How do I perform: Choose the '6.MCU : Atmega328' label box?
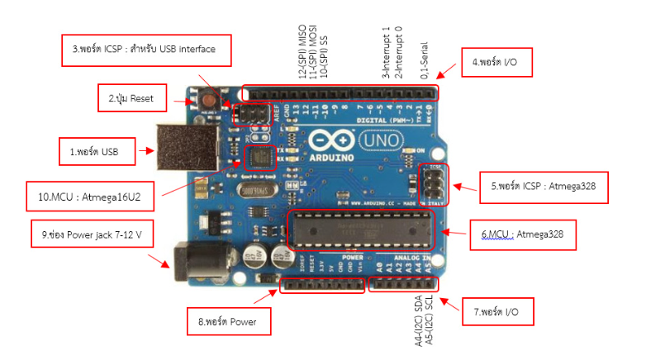(522, 234)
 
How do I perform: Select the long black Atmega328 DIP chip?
(360, 228)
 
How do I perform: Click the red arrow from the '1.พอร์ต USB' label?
(149, 151)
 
